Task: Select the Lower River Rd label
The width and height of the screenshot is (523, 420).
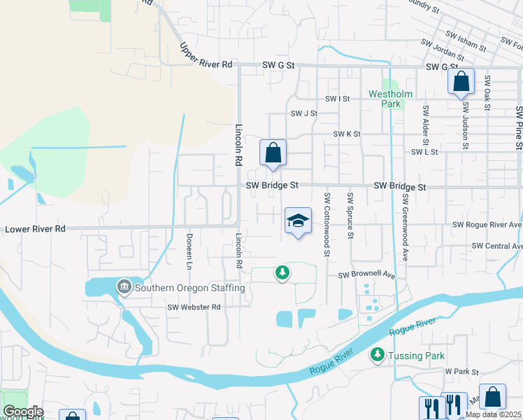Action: pyautogui.click(x=35, y=229)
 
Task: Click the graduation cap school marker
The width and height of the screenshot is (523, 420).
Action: pyautogui.click(x=298, y=221)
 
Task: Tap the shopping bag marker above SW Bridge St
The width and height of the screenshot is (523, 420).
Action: pyautogui.click(x=273, y=153)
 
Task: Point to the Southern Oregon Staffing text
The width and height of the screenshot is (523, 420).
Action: pyautogui.click(x=189, y=288)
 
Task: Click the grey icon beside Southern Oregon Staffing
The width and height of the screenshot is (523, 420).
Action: pyautogui.click(x=125, y=286)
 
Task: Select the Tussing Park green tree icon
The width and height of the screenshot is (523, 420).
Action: pyautogui.click(x=378, y=356)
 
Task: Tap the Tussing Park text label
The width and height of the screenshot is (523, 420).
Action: pyautogui.click(x=417, y=356)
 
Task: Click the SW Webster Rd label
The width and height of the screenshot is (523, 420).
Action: pyautogui.click(x=194, y=307)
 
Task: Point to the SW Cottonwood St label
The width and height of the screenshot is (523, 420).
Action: pyautogui.click(x=327, y=225)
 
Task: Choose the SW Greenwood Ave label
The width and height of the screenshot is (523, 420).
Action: pyautogui.click(x=405, y=224)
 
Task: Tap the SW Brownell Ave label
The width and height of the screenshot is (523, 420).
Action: pyautogui.click(x=366, y=276)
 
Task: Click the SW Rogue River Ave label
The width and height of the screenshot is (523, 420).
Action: pyautogui.click(x=487, y=225)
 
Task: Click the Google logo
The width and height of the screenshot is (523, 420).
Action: pyautogui.click(x=22, y=412)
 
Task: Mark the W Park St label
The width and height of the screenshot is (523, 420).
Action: pyautogui.click(x=460, y=372)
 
